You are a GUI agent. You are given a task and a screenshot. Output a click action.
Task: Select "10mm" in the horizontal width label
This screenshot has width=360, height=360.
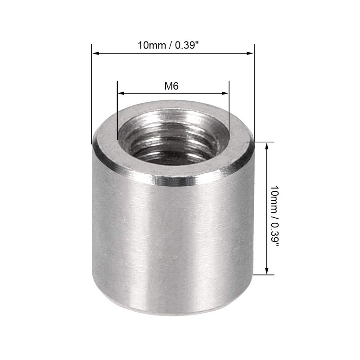pyautogui.click(x=150, y=45)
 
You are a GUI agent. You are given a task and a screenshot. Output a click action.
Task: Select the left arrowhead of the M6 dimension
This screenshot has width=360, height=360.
pyautogui.click(x=120, y=94)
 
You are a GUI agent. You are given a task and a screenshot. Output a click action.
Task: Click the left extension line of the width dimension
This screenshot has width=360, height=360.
pyautogui.click(x=92, y=90)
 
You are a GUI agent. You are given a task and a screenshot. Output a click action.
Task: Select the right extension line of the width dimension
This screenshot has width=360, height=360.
pyautogui.click(x=254, y=90)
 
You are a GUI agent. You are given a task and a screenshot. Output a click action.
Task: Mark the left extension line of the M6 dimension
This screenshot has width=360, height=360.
pyautogui.click(x=117, y=108)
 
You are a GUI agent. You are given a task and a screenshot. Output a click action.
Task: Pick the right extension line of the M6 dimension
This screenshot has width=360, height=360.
pyautogui.click(x=229, y=108)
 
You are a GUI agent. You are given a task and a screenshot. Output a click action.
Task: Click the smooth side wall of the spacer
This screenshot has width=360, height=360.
pyautogui.click(x=171, y=247)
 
